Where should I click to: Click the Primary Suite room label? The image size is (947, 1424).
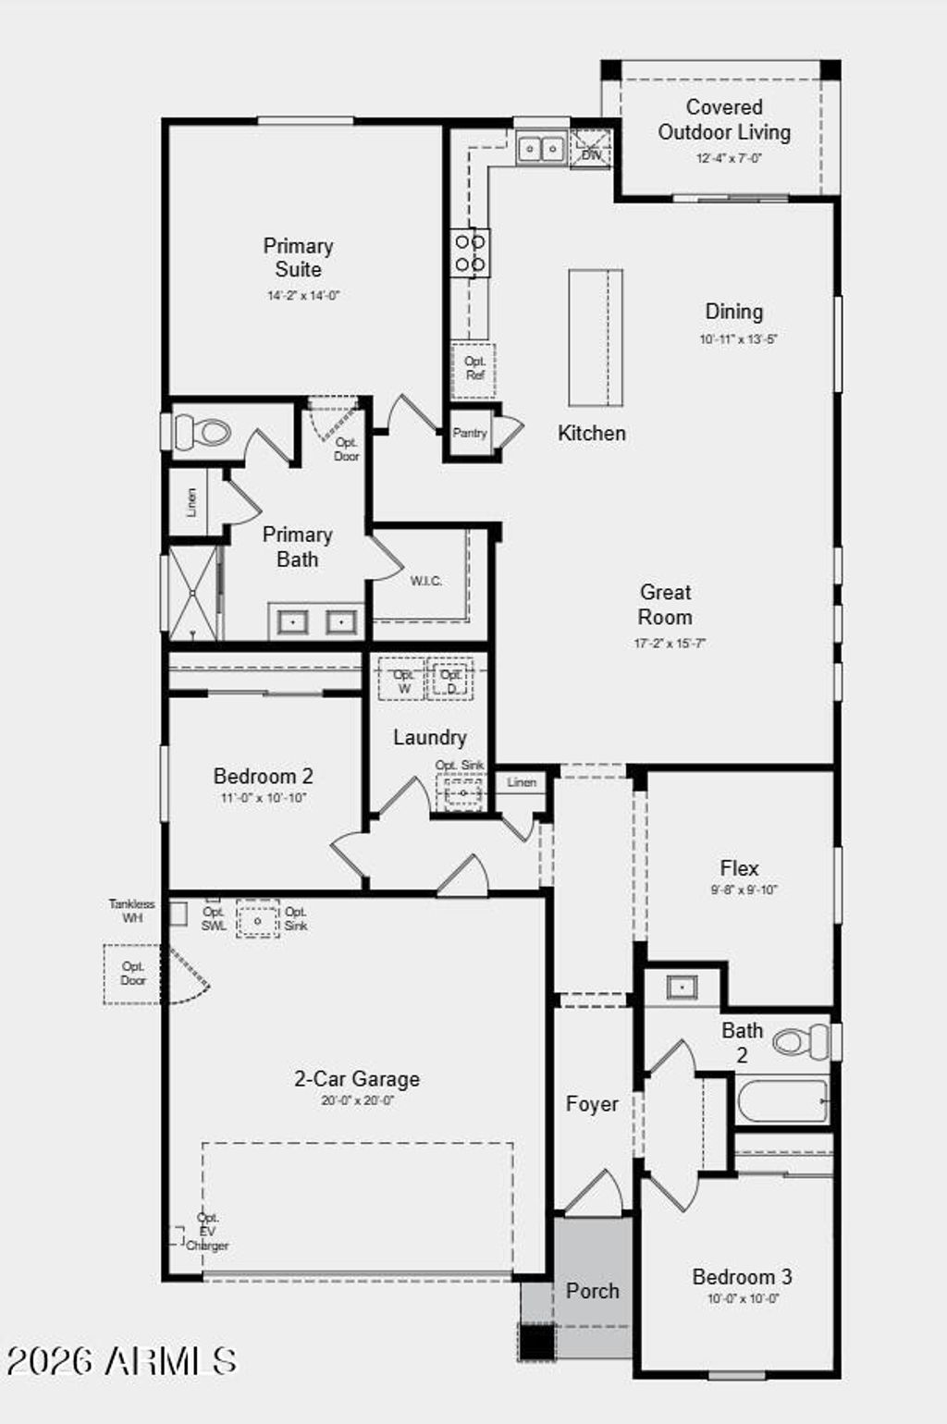(x=298, y=258)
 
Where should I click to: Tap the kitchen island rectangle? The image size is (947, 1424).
(x=595, y=338)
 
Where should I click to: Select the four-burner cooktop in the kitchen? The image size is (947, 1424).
(x=470, y=253)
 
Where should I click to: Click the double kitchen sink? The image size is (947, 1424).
(x=540, y=148)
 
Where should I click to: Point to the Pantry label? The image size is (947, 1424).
(x=470, y=433)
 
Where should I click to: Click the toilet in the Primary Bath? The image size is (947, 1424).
(x=203, y=432)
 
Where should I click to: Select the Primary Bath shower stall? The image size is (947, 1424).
(x=193, y=594)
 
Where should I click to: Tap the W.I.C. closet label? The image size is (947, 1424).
(x=425, y=581)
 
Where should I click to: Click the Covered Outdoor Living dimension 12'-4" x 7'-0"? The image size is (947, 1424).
(x=728, y=158)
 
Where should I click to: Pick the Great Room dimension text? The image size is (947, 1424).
(x=669, y=643)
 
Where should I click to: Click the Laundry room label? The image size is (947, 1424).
(x=429, y=737)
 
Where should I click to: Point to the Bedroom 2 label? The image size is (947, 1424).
(x=263, y=776)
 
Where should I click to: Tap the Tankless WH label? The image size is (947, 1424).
(x=132, y=911)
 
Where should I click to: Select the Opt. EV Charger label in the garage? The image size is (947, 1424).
(x=207, y=1232)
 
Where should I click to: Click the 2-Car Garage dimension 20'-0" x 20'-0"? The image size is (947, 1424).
(x=357, y=1100)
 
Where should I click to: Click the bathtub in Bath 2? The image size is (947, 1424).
(x=782, y=1101)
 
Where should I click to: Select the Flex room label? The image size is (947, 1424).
(x=739, y=868)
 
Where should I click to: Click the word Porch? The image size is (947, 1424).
(x=592, y=1291)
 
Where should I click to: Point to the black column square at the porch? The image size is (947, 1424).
(x=536, y=1342)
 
